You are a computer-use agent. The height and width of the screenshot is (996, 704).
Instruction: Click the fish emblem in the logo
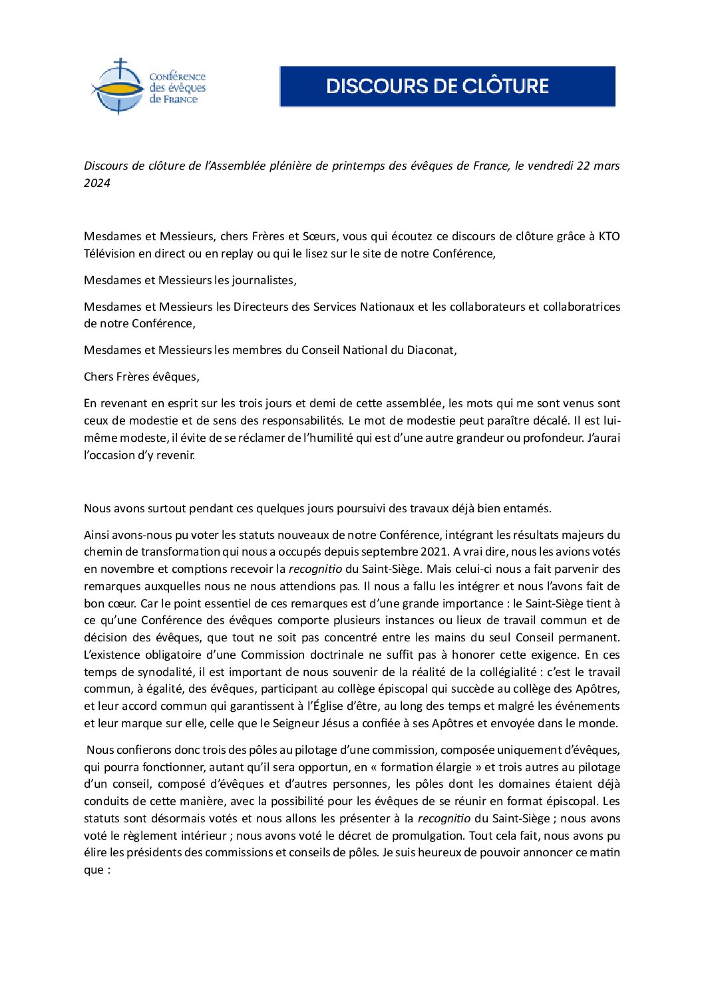pos(118,88)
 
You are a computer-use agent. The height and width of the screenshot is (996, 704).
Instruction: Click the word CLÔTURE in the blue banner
pos(506,86)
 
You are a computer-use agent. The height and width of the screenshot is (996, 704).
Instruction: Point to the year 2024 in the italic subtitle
pos(97,183)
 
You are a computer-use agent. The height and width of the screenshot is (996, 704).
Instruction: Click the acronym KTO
pos(609,236)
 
